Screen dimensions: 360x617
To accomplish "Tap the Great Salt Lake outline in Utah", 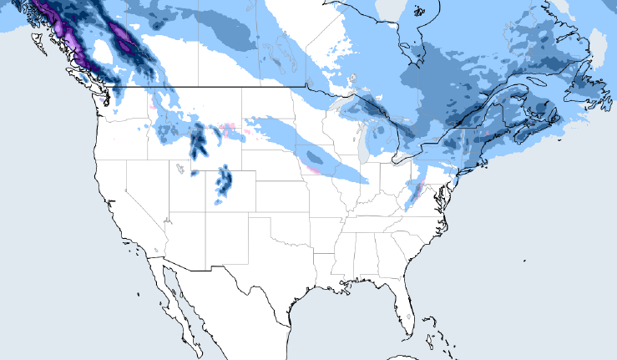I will tap(180, 170).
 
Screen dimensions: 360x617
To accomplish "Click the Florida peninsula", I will tap(407, 307).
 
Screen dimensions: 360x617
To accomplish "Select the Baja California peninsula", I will tap(170, 288).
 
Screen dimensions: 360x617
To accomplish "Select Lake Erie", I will tap(410, 158).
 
